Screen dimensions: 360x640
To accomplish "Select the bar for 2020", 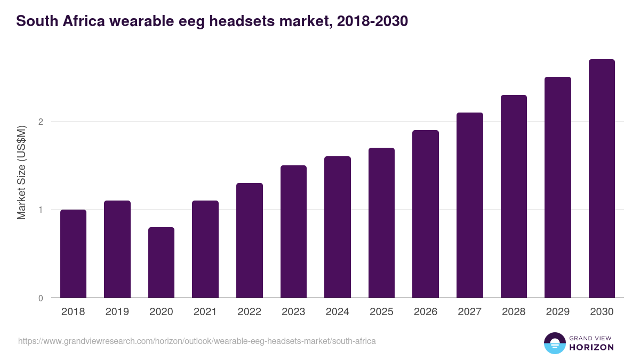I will (161, 262).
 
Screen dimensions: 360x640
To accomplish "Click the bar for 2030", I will (602, 179).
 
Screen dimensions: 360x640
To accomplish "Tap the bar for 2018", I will (73, 254).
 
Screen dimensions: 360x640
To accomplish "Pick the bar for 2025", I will (381, 223).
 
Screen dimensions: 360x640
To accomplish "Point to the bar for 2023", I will (293, 231).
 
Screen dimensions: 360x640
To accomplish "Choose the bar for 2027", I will (469, 205).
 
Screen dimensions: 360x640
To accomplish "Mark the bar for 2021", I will (205, 249).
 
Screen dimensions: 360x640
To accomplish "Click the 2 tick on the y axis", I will (40, 122).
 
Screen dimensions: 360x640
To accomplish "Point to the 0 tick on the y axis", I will (40, 298).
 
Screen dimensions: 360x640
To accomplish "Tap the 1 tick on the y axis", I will (40, 210).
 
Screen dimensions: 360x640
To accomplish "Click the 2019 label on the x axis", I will (117, 312).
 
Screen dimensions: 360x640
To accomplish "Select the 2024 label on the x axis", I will (337, 312).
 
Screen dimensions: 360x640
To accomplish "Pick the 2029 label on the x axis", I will (557, 312).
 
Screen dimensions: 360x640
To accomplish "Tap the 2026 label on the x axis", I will (425, 312).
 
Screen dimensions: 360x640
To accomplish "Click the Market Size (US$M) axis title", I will (21, 172).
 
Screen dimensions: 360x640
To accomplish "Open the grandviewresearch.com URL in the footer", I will (197, 341).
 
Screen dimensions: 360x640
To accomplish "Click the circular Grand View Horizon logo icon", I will (554, 343).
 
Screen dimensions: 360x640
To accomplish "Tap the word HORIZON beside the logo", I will (591, 347).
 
